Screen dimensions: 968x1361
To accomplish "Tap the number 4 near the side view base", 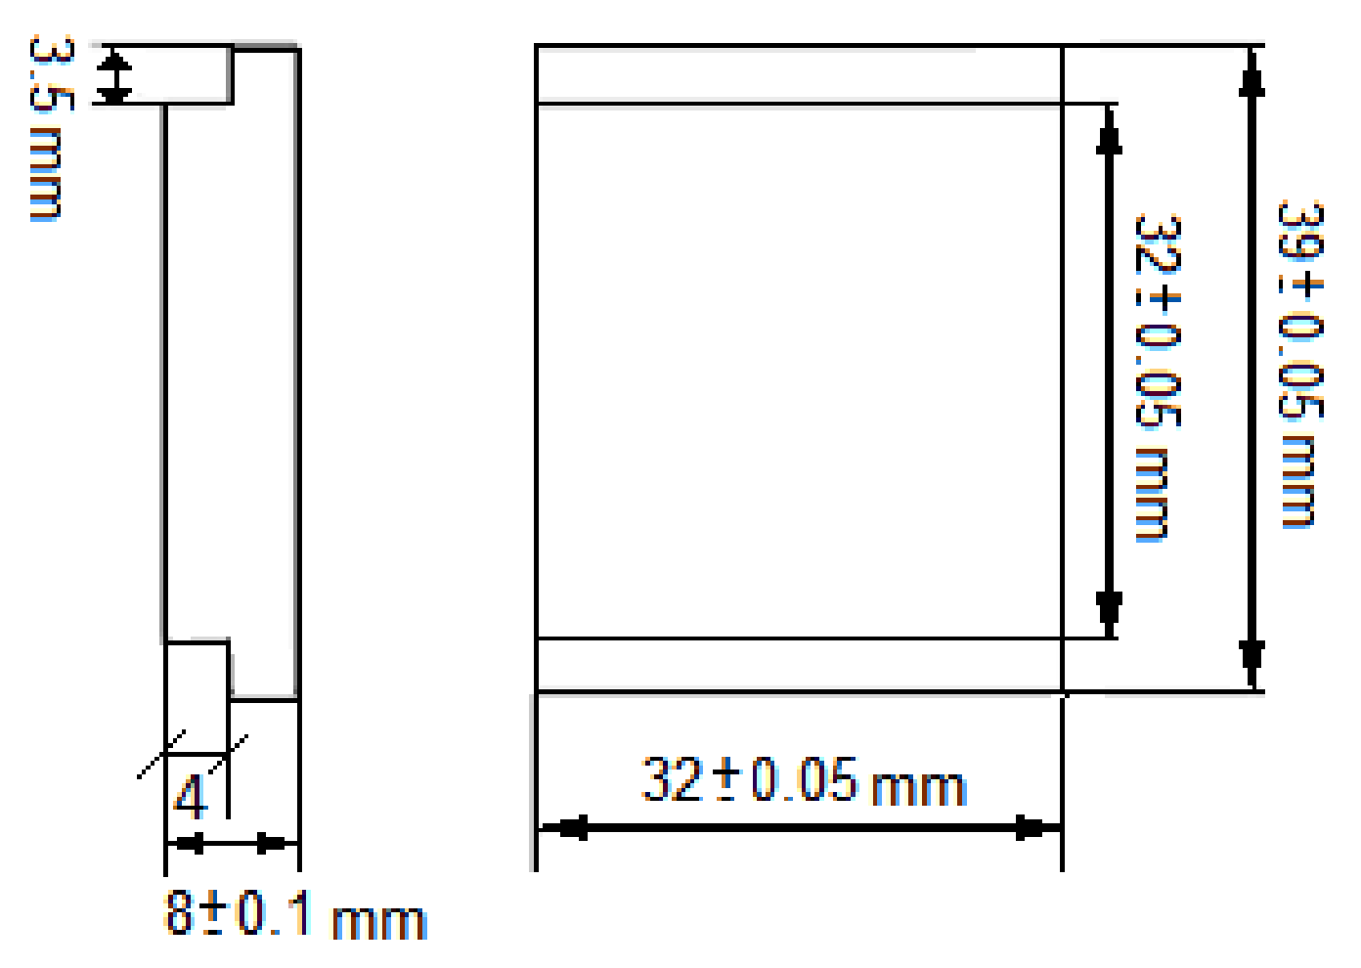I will point(191,797).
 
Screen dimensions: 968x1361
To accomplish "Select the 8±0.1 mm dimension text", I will point(294,915).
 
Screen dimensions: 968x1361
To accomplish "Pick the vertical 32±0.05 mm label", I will point(1159,377).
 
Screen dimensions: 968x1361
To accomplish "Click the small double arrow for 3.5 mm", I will point(115,77).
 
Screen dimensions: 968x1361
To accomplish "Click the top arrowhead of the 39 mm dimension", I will point(1251,73).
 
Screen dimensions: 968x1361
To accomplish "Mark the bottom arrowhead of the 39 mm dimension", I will point(1251,663).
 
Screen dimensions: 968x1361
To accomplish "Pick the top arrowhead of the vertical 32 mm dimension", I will point(1109,132).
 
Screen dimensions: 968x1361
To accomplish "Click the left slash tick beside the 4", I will point(161,755).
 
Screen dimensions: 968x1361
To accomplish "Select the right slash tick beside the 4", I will point(229,755).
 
